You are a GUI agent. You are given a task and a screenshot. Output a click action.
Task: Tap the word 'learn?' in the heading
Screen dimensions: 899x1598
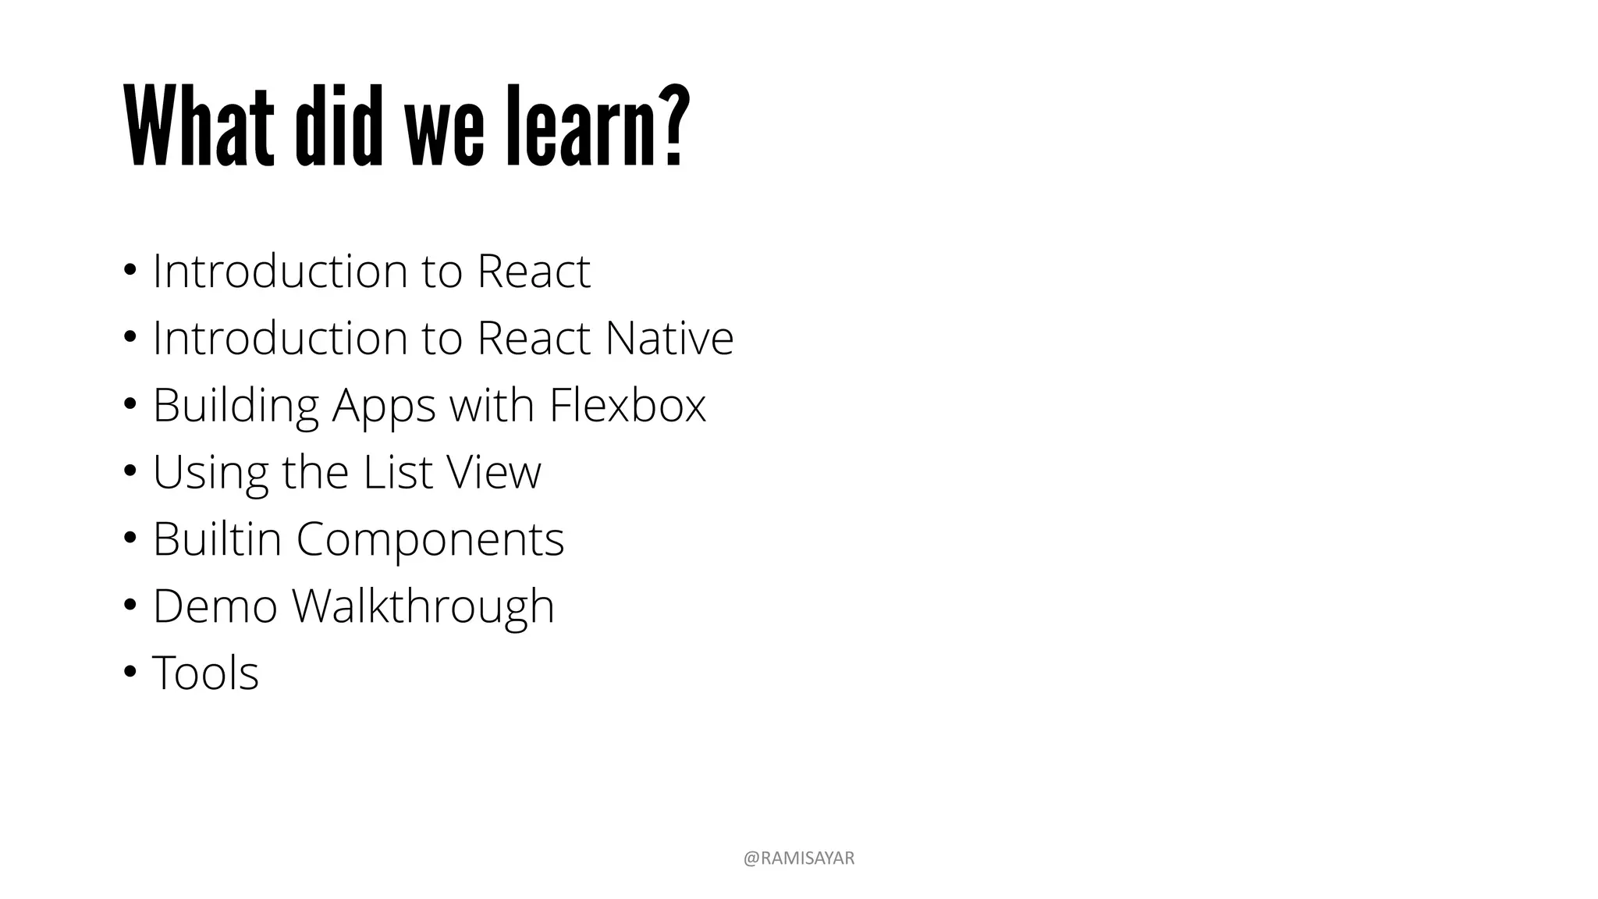pos(598,126)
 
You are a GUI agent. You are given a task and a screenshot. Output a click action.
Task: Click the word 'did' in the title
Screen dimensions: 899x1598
pos(339,126)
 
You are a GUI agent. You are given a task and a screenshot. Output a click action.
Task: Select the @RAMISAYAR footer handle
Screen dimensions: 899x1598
pos(798,858)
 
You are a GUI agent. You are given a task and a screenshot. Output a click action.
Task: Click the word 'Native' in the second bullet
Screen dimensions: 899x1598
pos(669,338)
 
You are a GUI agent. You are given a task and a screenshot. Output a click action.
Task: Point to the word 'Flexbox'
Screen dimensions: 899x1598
pos(627,405)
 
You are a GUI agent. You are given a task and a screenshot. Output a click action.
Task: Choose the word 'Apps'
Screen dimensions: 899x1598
pos(382,405)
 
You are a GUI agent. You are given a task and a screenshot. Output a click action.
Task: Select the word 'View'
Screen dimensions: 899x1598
pos(493,472)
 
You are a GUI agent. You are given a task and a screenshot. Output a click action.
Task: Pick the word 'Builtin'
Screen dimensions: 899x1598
pos(217,539)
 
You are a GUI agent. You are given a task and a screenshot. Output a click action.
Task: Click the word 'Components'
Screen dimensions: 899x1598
pos(430,539)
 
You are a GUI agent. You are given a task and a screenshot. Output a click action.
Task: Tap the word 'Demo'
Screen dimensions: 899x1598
pos(215,606)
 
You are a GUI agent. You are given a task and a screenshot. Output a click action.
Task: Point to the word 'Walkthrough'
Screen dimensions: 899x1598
pos(423,606)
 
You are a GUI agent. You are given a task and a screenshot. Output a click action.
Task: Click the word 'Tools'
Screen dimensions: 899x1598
pos(205,673)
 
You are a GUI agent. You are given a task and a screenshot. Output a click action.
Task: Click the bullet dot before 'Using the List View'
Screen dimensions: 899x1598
pos(130,471)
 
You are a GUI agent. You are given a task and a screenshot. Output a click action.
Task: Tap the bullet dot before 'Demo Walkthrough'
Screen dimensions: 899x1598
pos(130,606)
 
